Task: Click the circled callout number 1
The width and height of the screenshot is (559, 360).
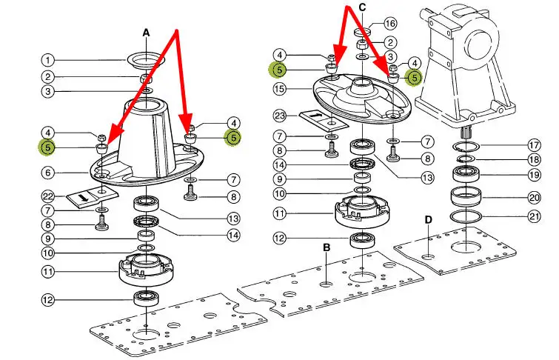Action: (x=48, y=60)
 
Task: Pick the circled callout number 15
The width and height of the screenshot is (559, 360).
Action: (x=278, y=88)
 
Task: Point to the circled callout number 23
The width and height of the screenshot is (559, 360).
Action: (x=278, y=116)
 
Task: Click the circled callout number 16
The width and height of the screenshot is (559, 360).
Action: (x=390, y=23)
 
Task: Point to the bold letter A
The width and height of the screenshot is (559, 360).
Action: (x=146, y=33)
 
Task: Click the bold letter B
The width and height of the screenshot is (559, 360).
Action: (x=326, y=247)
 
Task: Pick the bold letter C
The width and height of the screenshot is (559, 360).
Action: (x=362, y=7)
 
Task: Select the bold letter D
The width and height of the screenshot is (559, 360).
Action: (x=428, y=219)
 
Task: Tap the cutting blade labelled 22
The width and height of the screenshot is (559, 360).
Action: (x=88, y=198)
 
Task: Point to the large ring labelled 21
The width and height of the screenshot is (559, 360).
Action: (x=467, y=216)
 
